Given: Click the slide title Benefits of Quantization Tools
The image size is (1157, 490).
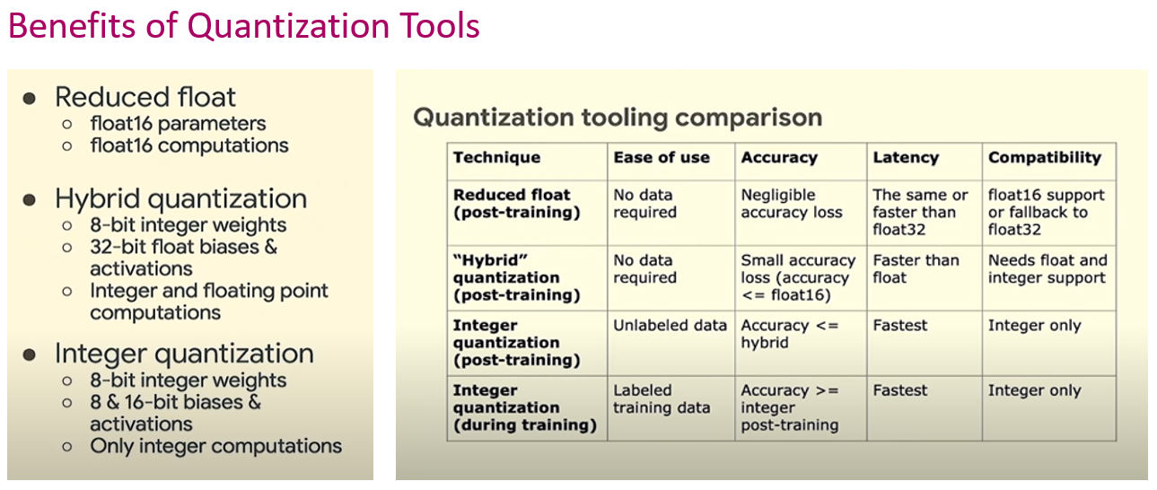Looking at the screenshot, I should coord(243,26).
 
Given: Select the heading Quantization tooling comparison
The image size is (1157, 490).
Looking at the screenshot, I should coord(618,118).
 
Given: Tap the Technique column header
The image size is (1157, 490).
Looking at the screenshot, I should coord(496,158).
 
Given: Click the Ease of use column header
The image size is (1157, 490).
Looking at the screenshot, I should coord(662,158).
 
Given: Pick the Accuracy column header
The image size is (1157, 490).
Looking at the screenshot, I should coord(779,158).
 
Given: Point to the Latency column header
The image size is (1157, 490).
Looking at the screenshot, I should coord(905,158).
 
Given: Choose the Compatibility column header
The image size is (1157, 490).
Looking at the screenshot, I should coord(1044,158).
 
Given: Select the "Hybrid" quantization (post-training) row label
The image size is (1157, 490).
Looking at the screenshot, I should coord(516,277).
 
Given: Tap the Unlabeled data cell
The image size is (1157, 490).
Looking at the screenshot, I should coord(670,326).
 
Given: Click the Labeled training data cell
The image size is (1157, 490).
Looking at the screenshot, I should coord(662,399).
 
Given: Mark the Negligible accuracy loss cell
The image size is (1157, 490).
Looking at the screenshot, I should coord(792,204).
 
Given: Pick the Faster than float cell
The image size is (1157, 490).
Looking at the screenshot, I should coord(916,269).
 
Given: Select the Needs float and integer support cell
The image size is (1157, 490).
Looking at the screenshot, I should coord(1047,269).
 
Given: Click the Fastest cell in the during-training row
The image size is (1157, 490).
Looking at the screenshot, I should coord(900,390).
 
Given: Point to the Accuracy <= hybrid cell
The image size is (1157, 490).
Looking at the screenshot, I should coord(789,334).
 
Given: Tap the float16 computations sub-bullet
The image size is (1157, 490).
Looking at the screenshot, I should coord(188,145).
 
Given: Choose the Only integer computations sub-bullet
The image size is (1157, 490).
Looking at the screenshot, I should coord(215,446).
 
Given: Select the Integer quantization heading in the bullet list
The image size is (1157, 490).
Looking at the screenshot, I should coord(184,353).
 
